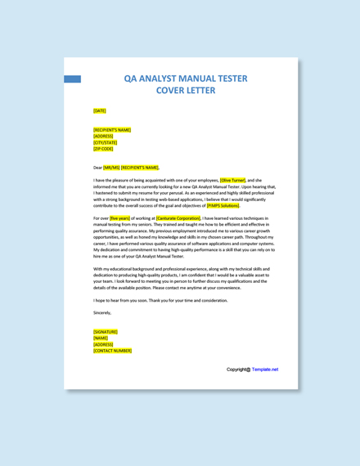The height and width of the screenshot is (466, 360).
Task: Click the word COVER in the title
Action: (173, 91)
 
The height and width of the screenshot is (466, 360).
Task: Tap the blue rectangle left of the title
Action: (72, 79)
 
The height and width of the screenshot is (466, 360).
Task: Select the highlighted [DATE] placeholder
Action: (100, 110)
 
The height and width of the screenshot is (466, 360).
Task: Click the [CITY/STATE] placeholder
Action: (106, 142)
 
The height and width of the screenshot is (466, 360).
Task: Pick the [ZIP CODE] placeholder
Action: (103, 149)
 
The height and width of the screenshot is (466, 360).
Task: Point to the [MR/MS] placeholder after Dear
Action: (111, 168)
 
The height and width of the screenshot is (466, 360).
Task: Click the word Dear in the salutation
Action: (97, 168)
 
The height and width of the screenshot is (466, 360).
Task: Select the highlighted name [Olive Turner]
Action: (232, 180)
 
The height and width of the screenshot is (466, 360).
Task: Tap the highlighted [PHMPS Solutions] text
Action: (223, 206)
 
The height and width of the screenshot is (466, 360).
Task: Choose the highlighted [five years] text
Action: (120, 218)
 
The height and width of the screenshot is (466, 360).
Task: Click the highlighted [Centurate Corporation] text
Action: (178, 218)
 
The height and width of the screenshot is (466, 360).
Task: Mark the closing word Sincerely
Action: (102, 312)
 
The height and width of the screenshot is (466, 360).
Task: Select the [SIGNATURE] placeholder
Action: (106, 332)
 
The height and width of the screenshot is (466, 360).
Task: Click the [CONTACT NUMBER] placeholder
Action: (112, 351)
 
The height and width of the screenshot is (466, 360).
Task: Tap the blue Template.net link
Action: (265, 370)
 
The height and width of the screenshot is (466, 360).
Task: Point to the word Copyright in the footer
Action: (236, 370)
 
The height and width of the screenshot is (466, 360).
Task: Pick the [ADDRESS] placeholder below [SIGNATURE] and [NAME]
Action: (104, 344)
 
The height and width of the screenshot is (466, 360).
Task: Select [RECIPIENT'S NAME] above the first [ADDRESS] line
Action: (112, 129)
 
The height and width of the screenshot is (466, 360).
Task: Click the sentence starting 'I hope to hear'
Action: (160, 300)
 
